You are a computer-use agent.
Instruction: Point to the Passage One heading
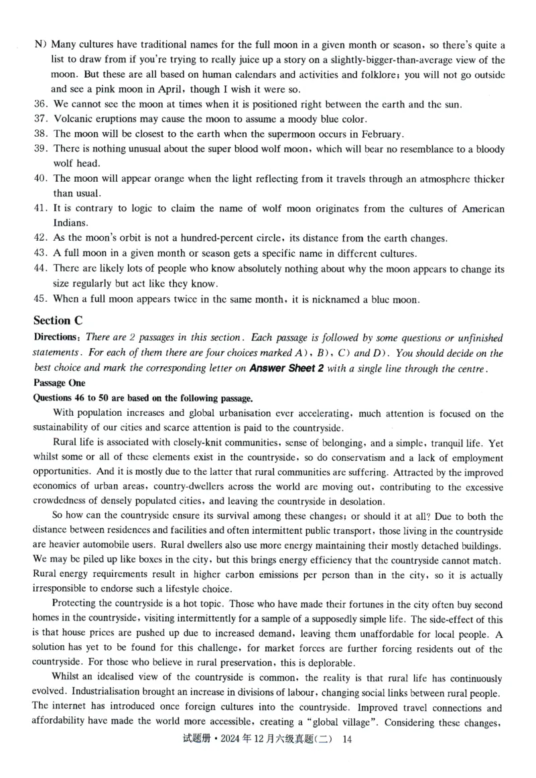click(60, 382)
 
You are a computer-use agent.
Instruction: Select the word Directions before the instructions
click(58, 337)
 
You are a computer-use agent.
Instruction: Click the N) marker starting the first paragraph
click(41, 45)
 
